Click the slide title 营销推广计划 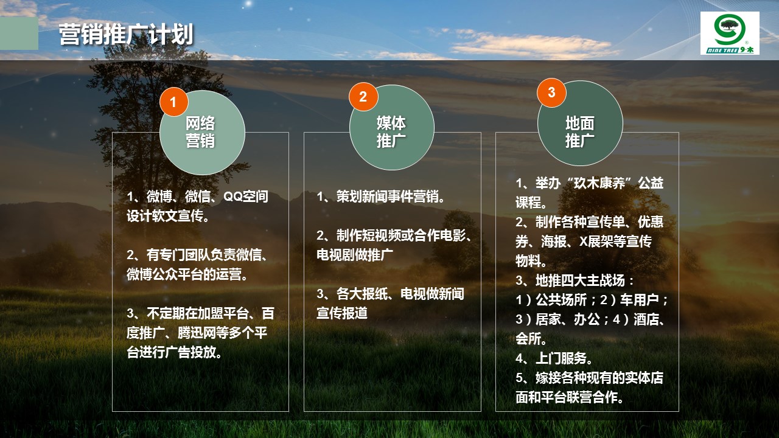click(126, 34)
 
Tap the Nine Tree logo click(730, 33)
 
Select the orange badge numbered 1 click(173, 102)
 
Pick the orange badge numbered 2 click(363, 97)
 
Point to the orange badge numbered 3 click(551, 92)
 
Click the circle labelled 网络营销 click(203, 133)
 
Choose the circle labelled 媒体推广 click(391, 128)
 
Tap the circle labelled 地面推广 click(580, 123)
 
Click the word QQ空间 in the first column click(245, 196)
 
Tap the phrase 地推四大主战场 click(580, 280)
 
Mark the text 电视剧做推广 click(355, 255)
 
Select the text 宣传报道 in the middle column click(342, 313)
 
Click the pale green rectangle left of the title click(19, 33)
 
